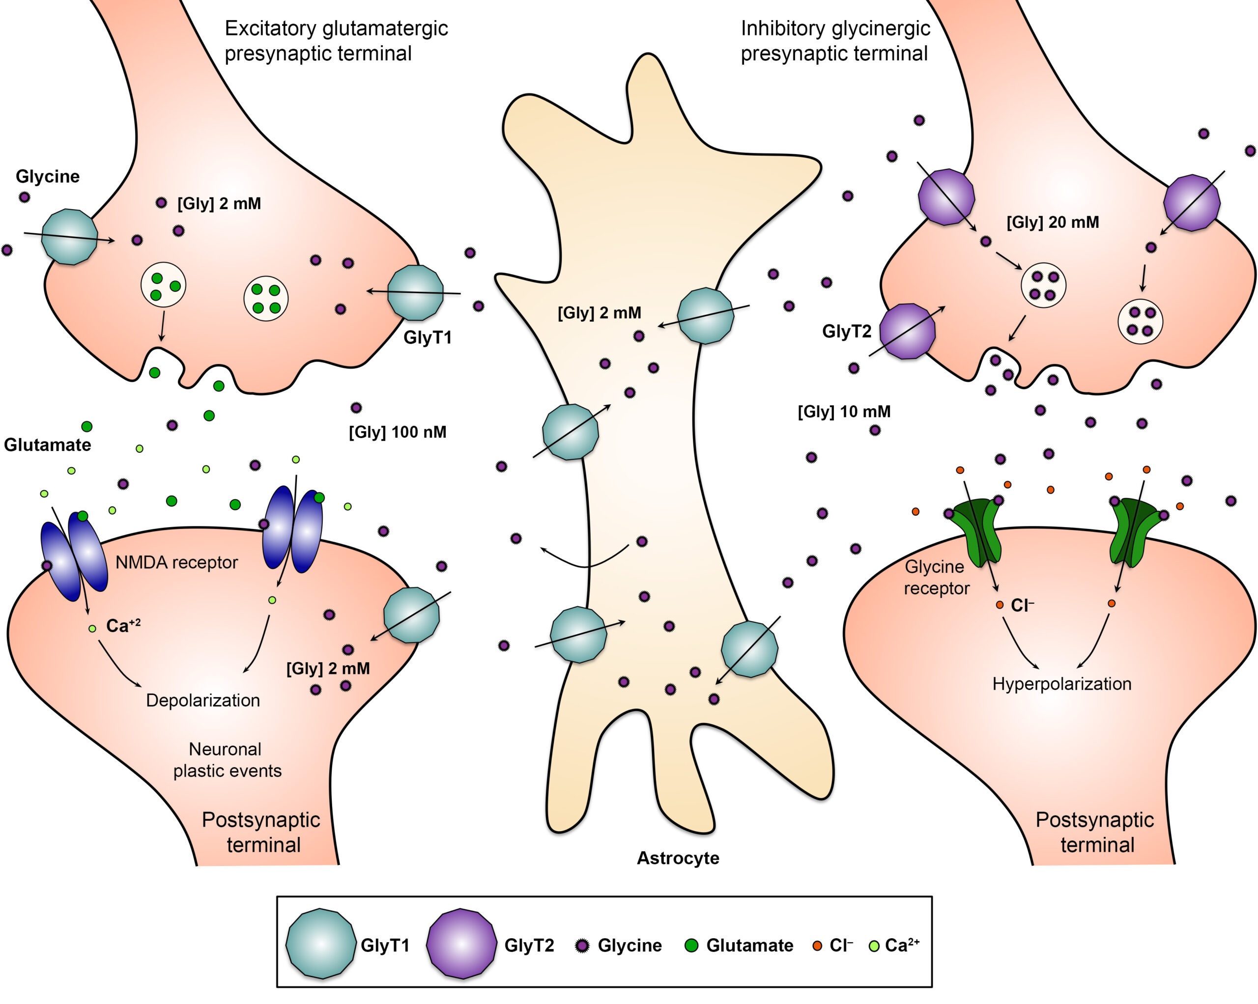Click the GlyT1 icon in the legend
[320, 943]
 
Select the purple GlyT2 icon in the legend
[461, 943]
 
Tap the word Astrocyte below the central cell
[678, 858]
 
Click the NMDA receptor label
[176, 562]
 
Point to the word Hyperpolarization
[1061, 684]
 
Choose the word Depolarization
[202, 700]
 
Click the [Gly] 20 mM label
[1052, 223]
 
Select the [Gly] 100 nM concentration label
[398, 432]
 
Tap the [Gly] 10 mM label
[844, 412]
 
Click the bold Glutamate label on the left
[47, 445]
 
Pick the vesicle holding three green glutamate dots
[163, 285]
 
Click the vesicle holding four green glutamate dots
[265, 299]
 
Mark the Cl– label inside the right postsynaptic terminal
[1022, 606]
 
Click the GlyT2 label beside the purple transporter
[846, 332]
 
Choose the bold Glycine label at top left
[47, 176]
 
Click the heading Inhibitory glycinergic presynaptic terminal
[835, 41]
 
